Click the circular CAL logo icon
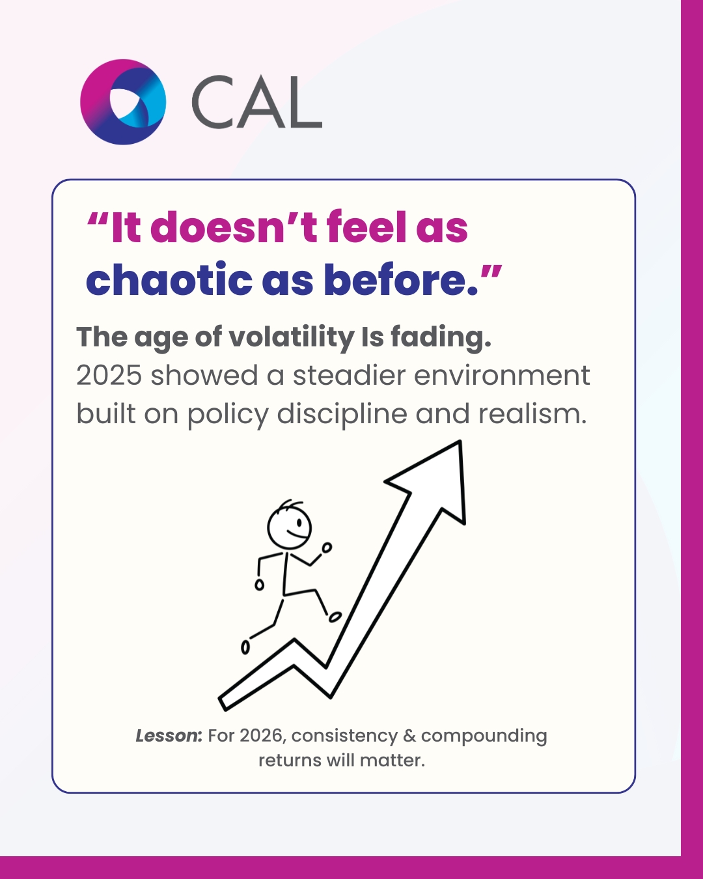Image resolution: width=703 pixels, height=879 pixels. (123, 102)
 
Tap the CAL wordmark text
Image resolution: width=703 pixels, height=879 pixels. (257, 102)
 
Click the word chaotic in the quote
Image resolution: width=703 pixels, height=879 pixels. (169, 279)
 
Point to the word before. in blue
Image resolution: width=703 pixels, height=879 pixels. (401, 279)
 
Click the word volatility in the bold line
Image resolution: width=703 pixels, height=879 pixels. (291, 338)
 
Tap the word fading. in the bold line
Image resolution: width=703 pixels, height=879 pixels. (441, 338)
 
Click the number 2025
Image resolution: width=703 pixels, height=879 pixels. (109, 376)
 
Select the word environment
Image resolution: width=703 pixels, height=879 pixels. (502, 376)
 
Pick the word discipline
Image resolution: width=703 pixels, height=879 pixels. (342, 415)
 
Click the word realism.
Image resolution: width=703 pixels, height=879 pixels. (532, 413)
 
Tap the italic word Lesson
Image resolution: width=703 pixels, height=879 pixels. (167, 736)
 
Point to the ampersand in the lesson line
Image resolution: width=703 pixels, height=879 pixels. (409, 736)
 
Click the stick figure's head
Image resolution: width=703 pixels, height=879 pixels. (290, 527)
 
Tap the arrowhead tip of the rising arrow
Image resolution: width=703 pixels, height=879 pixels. (460, 441)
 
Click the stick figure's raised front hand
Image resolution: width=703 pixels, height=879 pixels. (327, 548)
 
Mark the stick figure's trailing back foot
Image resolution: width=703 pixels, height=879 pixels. (245, 647)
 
